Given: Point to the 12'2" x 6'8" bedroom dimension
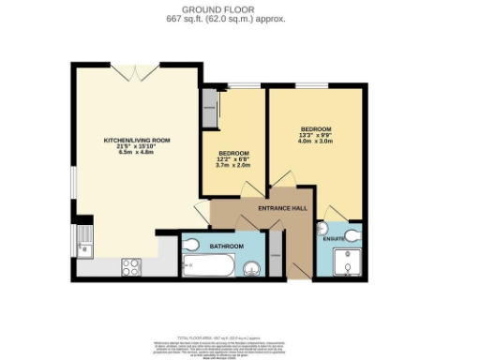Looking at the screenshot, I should [233, 159].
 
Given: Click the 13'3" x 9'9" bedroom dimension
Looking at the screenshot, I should [315, 134].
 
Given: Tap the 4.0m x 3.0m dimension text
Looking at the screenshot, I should [315, 141].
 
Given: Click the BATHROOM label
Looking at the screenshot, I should [227, 246].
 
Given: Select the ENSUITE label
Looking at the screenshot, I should [335, 239].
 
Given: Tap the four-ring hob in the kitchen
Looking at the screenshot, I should [131, 265].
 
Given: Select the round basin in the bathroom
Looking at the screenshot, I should [251, 271].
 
